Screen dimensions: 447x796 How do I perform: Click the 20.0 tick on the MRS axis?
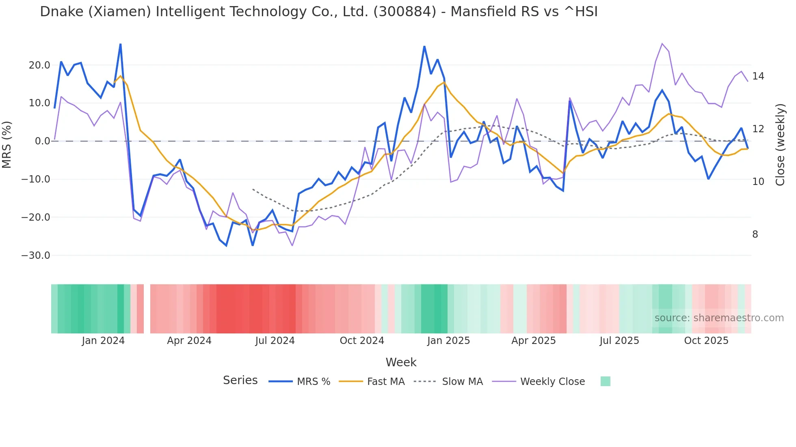point(39,65)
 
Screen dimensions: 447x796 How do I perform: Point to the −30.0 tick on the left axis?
point(36,256)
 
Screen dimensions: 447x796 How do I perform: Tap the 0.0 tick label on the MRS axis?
point(43,141)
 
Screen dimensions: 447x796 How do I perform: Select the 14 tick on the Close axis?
point(758,76)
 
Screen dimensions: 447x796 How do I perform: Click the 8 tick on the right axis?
point(755,234)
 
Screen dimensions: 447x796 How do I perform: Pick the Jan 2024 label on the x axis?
point(103,341)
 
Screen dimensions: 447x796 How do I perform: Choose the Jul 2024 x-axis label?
point(275,341)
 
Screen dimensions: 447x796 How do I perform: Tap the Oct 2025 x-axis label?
point(706,341)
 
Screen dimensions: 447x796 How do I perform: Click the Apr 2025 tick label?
point(533,341)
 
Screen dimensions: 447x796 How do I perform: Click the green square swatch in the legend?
point(605,381)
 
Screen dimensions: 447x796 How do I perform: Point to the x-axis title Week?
point(401,362)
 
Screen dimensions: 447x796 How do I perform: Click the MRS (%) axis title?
point(7,144)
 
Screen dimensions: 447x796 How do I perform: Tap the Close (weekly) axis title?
point(780,144)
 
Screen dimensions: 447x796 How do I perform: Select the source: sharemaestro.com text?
point(719,318)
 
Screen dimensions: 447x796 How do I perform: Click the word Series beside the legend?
point(240,380)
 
